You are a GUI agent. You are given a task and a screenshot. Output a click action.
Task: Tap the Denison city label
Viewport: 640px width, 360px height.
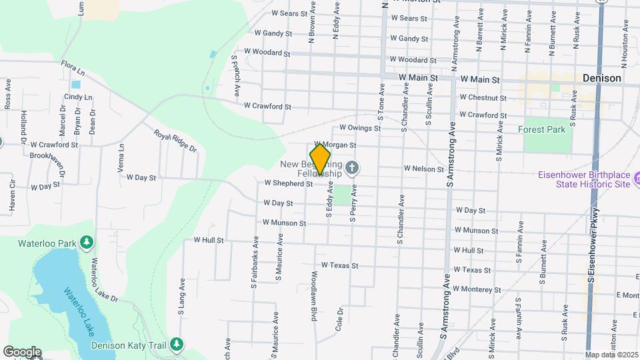point(601,78)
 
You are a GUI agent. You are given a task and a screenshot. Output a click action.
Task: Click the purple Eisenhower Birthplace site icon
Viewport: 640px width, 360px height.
point(637,179)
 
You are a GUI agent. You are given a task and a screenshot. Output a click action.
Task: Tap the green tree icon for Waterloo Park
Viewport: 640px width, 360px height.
point(86,243)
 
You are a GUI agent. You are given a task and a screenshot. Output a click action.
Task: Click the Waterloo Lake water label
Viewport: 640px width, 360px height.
point(79,311)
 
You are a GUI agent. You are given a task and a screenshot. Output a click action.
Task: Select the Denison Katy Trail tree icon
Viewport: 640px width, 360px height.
point(176,344)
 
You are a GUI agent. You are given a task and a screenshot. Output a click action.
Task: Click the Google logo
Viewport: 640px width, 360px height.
point(21,351)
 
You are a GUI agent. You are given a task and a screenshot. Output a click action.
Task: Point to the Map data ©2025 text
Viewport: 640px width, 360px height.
point(610,355)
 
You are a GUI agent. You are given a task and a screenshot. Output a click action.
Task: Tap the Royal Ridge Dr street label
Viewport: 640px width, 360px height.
point(175,141)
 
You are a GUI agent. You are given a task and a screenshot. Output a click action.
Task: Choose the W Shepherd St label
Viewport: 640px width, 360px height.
point(288,183)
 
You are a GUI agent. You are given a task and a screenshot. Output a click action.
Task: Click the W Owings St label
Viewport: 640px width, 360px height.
point(359,127)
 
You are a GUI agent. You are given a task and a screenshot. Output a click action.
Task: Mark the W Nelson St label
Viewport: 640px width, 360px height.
point(423,169)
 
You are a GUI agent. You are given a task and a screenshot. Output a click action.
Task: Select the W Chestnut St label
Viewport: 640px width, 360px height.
point(482,98)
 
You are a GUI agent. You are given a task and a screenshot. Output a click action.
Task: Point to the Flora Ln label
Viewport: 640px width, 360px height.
point(73,69)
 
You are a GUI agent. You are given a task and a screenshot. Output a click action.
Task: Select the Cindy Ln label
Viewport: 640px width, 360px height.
point(78,97)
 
